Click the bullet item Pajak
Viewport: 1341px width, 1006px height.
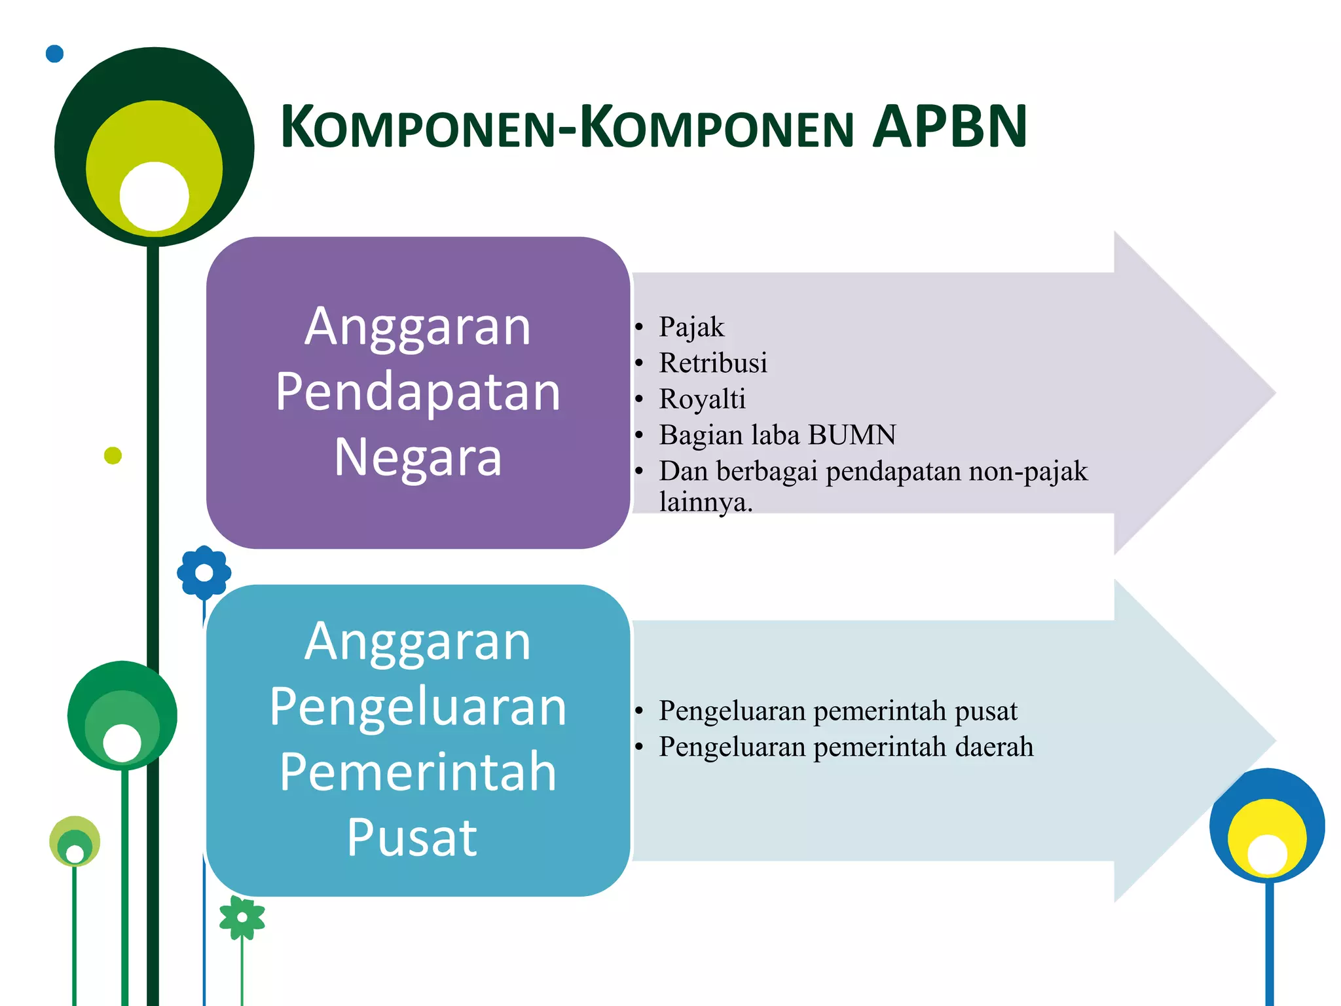click(691, 327)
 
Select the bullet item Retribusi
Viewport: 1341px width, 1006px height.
click(712, 363)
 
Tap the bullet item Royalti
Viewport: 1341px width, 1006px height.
click(702, 400)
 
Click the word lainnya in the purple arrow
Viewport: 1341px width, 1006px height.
click(705, 503)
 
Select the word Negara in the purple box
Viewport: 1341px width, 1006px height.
click(418, 456)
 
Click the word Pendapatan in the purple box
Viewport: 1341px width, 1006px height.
click(418, 392)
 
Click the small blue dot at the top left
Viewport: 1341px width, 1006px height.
click(54, 54)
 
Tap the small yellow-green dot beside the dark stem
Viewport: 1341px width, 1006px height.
click(113, 455)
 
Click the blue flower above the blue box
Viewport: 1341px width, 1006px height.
click(204, 572)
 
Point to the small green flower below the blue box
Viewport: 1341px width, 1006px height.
click(242, 917)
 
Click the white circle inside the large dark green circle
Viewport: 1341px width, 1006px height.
click(155, 196)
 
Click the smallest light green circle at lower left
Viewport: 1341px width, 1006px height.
click(75, 840)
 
